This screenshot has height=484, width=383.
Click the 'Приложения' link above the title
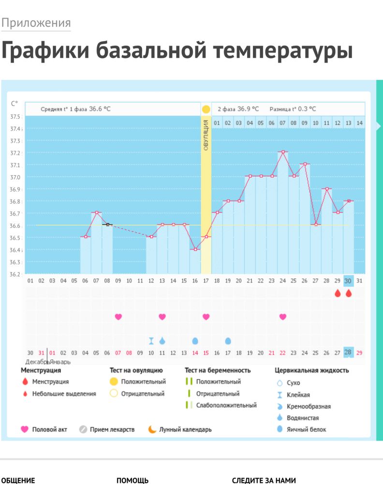click(36, 23)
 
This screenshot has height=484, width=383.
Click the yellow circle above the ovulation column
click(206, 109)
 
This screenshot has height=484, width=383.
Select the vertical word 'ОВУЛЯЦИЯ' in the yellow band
click(206, 135)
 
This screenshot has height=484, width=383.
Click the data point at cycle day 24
click(283, 152)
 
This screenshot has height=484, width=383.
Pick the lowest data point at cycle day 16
click(195, 249)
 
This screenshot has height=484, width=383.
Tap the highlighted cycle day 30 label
click(348, 281)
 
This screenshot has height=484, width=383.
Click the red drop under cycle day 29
click(338, 293)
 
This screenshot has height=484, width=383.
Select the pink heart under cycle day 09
click(118, 317)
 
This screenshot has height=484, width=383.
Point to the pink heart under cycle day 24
click(283, 317)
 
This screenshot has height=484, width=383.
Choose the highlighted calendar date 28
click(348, 352)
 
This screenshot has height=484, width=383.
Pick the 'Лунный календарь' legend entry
click(185, 429)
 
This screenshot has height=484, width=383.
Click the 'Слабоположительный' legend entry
click(226, 405)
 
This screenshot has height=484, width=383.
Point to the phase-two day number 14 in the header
click(359, 123)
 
